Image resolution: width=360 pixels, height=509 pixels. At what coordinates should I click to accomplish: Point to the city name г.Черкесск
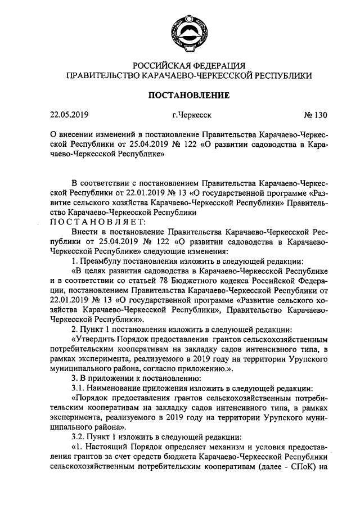tap(192, 116)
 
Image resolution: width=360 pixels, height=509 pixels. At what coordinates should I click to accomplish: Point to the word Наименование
tap(116, 388)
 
